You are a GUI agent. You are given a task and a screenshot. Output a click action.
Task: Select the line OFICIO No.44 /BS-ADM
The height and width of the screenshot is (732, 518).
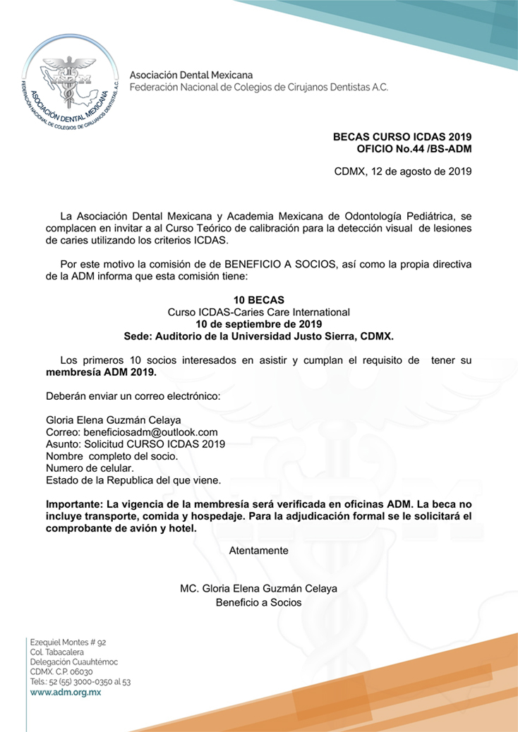click(414, 148)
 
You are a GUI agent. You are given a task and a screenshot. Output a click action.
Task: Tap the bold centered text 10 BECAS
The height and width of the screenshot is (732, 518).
click(259, 300)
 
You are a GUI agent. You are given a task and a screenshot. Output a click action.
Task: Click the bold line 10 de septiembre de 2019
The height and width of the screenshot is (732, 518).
click(259, 324)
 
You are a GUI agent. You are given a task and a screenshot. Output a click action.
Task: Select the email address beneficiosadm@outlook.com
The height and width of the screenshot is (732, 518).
click(150, 432)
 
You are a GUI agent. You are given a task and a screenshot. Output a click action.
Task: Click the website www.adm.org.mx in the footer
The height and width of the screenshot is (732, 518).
click(65, 693)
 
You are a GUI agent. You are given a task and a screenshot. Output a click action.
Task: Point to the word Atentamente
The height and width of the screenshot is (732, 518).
click(259, 549)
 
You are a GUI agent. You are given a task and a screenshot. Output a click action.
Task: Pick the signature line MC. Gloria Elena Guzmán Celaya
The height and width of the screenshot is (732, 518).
click(259, 588)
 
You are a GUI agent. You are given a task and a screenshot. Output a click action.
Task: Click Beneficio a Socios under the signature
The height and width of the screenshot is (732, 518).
click(259, 602)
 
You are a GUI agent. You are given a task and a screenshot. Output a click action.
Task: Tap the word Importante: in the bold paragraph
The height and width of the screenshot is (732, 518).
click(74, 504)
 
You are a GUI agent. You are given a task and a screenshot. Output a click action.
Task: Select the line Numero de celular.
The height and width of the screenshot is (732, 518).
click(89, 468)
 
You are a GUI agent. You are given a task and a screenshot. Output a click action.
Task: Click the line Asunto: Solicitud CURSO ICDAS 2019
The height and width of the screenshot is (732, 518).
click(135, 444)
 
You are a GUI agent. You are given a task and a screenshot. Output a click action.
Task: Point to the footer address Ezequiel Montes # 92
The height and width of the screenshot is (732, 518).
click(68, 642)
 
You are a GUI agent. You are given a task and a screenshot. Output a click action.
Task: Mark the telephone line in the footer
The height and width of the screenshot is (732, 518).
click(80, 682)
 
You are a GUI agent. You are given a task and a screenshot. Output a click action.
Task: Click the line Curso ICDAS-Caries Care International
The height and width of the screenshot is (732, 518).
click(259, 312)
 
